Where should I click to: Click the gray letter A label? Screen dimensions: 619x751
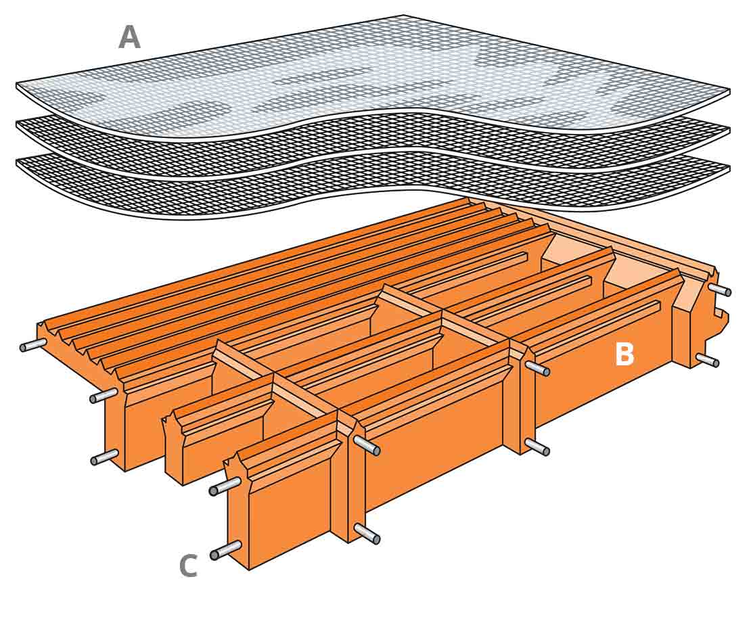click(x=129, y=37)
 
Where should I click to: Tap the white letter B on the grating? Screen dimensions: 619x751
click(x=624, y=355)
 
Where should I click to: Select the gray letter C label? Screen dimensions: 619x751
click(x=188, y=566)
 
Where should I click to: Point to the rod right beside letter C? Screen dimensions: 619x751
click(x=226, y=550)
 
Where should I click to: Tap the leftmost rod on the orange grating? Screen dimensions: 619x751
click(x=32, y=345)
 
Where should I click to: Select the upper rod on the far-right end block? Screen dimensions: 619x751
click(x=719, y=290)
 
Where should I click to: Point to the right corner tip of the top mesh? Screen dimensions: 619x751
click(x=728, y=90)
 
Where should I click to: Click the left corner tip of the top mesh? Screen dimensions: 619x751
click(x=18, y=85)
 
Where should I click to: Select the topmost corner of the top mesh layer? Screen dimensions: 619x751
click(x=404, y=16)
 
